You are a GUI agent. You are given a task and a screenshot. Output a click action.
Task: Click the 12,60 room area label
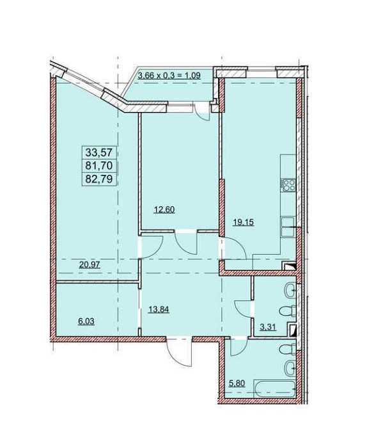[164, 210]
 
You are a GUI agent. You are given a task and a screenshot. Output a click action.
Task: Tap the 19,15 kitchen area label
[243, 222]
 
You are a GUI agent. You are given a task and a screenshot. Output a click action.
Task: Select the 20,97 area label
[90, 264]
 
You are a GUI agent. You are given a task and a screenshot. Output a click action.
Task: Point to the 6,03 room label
[86, 321]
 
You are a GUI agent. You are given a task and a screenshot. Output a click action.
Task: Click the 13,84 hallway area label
[159, 309]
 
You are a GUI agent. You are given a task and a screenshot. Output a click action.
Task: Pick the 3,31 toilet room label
[268, 327]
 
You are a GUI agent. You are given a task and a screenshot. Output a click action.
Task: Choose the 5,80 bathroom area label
[237, 384]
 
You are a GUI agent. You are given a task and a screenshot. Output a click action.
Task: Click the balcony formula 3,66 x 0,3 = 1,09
[169, 76]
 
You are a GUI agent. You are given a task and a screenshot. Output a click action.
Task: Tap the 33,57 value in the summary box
[98, 152]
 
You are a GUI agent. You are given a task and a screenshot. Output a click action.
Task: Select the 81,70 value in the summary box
[98, 166]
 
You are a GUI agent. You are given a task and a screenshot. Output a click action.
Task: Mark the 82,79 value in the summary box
[98, 179]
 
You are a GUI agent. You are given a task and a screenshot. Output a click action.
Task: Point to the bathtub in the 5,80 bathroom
[274, 389]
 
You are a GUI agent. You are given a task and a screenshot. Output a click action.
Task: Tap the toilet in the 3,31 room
[287, 311]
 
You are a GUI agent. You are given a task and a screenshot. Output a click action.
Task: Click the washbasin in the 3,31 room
[290, 289]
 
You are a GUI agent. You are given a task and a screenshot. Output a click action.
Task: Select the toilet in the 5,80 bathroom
[287, 350]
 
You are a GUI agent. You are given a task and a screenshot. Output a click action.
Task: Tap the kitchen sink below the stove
[288, 227]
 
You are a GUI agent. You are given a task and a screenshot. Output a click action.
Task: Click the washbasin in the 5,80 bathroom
[290, 368]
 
